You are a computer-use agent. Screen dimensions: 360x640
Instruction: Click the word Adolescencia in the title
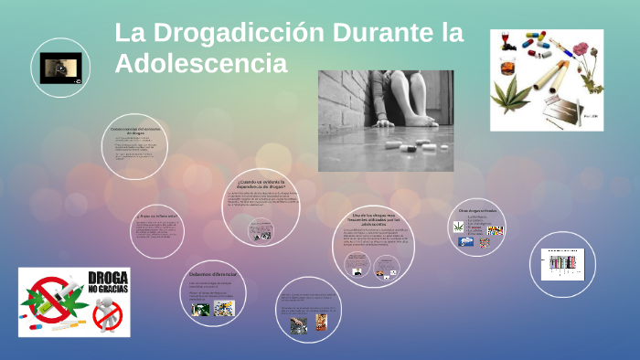click(x=201, y=64)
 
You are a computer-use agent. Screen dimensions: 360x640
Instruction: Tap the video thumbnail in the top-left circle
click(x=60, y=68)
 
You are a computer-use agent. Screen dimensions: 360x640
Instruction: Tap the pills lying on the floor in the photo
click(x=408, y=146)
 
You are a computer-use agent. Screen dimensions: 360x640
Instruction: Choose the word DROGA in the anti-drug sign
click(x=107, y=277)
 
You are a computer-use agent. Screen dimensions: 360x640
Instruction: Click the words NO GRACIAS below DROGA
click(x=108, y=290)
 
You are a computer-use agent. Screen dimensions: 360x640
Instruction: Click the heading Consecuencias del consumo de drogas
click(x=135, y=129)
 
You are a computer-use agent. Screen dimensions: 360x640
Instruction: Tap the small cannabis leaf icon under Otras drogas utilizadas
click(x=459, y=226)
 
